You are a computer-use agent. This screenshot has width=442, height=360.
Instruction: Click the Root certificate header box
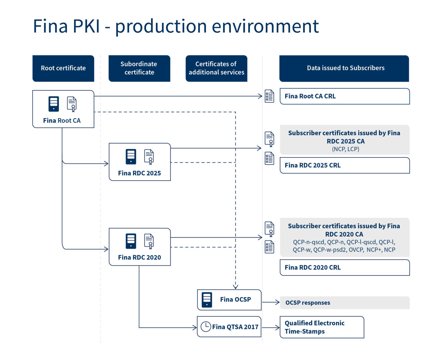tap(63, 68)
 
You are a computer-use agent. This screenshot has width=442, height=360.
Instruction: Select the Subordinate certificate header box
tap(139, 68)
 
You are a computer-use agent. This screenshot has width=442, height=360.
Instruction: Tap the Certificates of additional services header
tap(216, 68)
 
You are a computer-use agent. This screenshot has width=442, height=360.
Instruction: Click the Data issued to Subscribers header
tap(344, 68)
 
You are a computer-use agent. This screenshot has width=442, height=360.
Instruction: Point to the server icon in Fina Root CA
tap(54, 104)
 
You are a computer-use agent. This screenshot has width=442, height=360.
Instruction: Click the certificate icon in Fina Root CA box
tap(72, 104)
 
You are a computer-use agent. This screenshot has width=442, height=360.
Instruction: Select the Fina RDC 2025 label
tap(139, 173)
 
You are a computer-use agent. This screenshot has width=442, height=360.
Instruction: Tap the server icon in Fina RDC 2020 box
tap(131, 241)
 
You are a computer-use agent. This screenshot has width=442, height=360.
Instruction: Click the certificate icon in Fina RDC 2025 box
tap(149, 157)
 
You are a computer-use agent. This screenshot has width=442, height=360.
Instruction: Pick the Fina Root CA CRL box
tap(344, 96)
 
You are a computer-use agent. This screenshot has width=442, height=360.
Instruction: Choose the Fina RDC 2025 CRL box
tap(344, 165)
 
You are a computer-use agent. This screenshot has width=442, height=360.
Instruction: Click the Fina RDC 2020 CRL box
tap(344, 267)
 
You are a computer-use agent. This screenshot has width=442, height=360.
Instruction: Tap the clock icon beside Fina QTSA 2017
tap(206, 326)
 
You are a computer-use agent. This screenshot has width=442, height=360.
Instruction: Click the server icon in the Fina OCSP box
tap(207, 300)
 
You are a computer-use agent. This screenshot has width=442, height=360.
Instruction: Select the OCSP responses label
tap(308, 303)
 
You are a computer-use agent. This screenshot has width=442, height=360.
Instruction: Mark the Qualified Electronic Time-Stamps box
tap(322, 327)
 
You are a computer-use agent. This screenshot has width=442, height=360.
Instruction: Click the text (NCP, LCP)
tap(345, 149)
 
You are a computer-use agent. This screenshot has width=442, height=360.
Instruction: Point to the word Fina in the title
tap(51, 26)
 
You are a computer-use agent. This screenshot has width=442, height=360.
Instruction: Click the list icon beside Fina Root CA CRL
tap(269, 96)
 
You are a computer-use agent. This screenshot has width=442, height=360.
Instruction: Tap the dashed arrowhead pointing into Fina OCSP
tap(236, 287)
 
